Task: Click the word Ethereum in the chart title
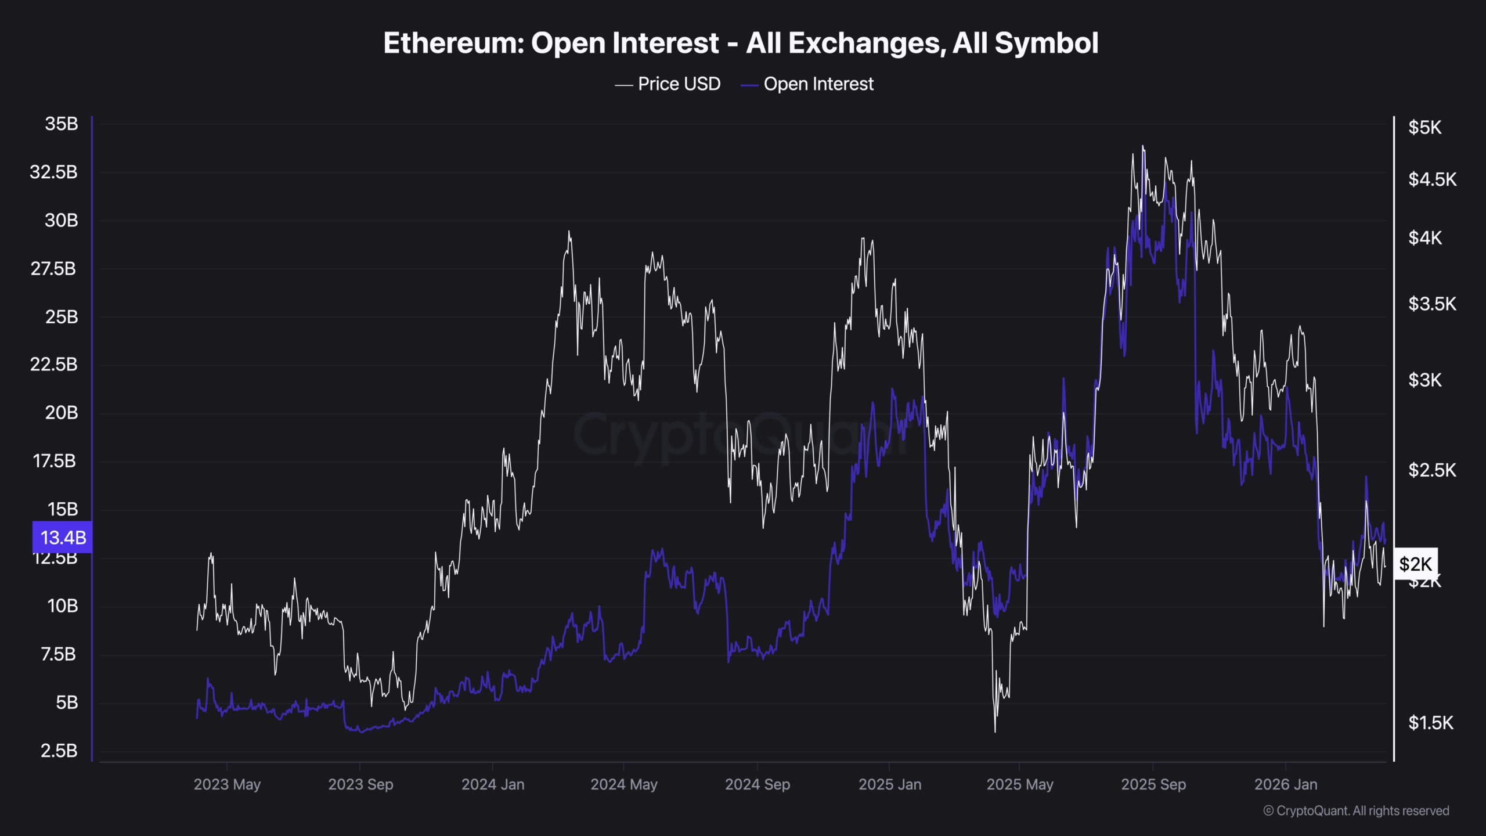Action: point(453,44)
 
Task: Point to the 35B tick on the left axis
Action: point(62,124)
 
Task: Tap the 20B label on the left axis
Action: point(62,413)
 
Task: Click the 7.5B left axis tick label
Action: point(59,654)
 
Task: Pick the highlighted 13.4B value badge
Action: point(63,538)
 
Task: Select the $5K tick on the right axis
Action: point(1424,127)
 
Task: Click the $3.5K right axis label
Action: point(1432,304)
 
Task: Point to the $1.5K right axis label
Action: point(1431,723)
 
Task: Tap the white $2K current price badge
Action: point(1416,564)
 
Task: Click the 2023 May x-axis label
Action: point(227,784)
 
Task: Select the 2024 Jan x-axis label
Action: point(493,784)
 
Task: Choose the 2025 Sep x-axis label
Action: point(1153,784)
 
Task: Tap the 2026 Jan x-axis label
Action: point(1286,784)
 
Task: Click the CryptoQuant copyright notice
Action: point(1356,811)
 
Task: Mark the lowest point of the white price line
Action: point(995,732)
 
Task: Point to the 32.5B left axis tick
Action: point(53,172)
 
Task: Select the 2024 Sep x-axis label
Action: point(758,784)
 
